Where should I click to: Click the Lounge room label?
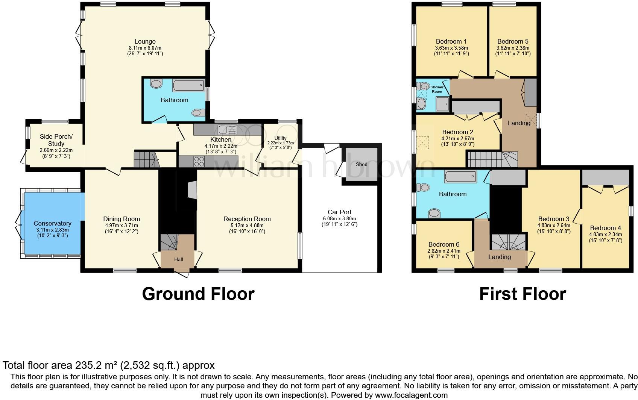pos(145,41)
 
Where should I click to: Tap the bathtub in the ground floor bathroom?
pos(188,85)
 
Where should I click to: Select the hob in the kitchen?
pos(199,162)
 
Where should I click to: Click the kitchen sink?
pos(227,130)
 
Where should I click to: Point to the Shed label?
pos(361,164)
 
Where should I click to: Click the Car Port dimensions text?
pos(339,218)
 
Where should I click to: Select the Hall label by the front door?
pos(178,259)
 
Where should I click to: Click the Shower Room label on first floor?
pos(437,89)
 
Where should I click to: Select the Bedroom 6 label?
pos(444,244)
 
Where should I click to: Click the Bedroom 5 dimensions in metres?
pos(513,48)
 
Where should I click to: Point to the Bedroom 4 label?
pos(605,228)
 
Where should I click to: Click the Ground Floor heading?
pos(198,294)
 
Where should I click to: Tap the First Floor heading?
pos(522,294)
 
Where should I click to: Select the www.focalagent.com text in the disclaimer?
pos(412,395)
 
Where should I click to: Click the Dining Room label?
pos(122,219)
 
